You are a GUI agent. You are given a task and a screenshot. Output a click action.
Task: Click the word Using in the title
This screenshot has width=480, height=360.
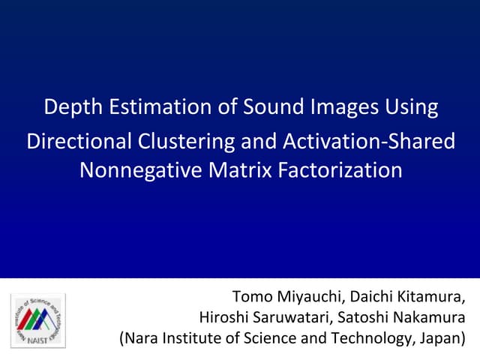click(x=411, y=107)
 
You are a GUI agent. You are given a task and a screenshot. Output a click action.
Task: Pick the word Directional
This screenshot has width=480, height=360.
click(x=78, y=141)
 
